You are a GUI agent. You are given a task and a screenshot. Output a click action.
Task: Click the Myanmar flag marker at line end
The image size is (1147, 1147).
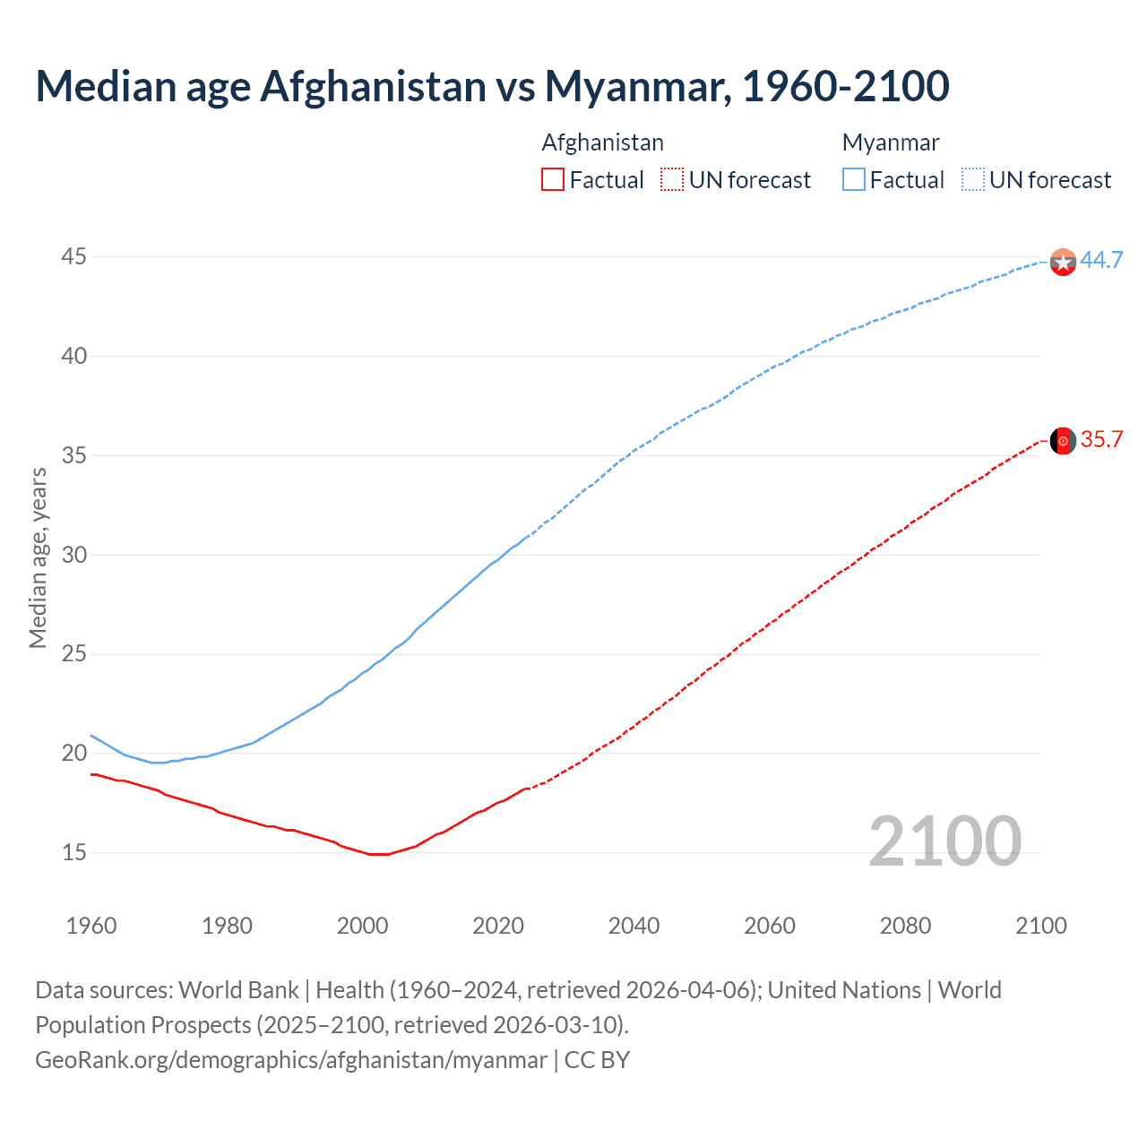coord(1063,262)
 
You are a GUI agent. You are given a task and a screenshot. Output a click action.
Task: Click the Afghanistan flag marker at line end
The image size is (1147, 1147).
coord(1063,441)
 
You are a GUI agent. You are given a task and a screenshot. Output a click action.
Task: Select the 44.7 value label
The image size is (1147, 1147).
coord(1101,260)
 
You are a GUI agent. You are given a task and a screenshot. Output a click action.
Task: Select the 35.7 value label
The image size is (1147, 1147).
coord(1101,439)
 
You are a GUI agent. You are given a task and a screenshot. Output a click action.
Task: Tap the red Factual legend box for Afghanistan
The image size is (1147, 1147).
coord(553,180)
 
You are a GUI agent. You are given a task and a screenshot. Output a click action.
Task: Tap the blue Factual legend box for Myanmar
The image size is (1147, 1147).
coord(854,180)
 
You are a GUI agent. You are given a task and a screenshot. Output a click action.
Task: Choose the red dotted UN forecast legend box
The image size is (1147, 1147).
coord(672,180)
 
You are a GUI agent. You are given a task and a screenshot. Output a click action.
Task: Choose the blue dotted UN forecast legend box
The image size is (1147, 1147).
coord(972,180)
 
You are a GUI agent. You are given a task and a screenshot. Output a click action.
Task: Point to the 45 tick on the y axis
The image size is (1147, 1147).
coord(73,257)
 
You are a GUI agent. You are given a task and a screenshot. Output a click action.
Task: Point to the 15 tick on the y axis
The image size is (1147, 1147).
coord(73,852)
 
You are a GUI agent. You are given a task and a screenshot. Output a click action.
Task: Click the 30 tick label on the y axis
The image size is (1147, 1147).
coord(73,555)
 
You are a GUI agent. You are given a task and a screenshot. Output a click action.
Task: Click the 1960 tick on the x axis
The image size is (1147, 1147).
coord(91,926)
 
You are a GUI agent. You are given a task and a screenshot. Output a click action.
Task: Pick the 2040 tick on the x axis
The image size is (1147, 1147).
coord(634,926)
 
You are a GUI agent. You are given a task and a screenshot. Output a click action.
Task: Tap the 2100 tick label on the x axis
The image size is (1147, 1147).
coord(1041,926)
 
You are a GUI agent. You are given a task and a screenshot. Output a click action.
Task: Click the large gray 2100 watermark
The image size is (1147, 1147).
coord(944,841)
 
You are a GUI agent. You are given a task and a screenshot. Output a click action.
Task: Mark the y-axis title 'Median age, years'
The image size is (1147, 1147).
coord(38,557)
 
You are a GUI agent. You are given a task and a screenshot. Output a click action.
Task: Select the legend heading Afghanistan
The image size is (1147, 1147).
coord(602,142)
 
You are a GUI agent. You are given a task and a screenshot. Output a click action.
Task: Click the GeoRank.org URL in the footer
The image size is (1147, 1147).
coord(291,1060)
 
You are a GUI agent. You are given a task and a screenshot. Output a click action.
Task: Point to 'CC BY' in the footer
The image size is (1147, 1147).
coord(597,1060)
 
